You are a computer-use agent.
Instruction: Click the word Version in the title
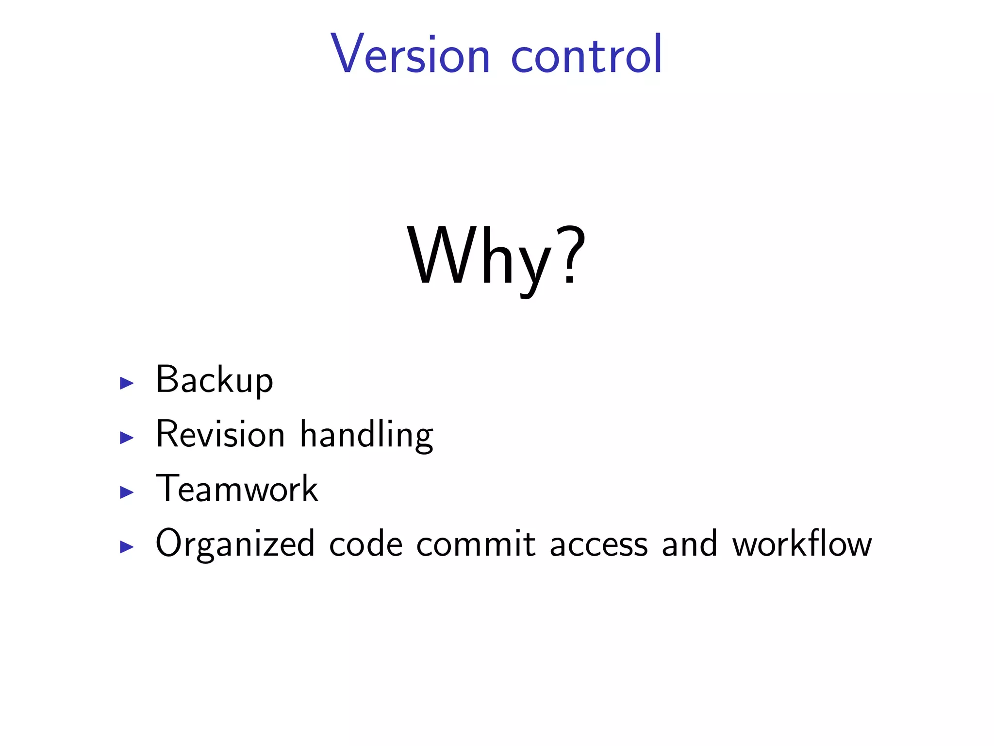point(411,54)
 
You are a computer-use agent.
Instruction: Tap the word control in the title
point(587,54)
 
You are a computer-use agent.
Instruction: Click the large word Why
point(480,257)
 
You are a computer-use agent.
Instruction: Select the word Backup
point(215,380)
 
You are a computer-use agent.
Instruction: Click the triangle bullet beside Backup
point(127,383)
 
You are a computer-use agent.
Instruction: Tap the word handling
point(366,435)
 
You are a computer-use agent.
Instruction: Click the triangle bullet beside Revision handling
point(127,438)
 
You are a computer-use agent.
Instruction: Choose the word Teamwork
point(237,489)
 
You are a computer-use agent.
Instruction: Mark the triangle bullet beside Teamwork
point(127,492)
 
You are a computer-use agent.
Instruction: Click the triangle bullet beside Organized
point(127,547)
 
